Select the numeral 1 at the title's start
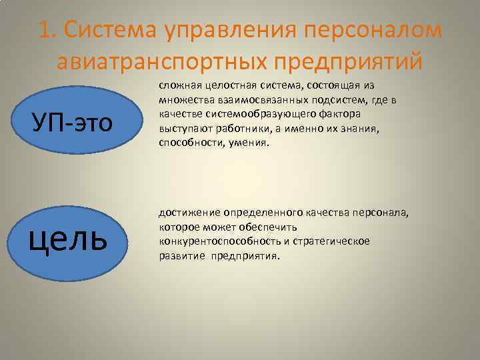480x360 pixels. coord(44,31)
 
